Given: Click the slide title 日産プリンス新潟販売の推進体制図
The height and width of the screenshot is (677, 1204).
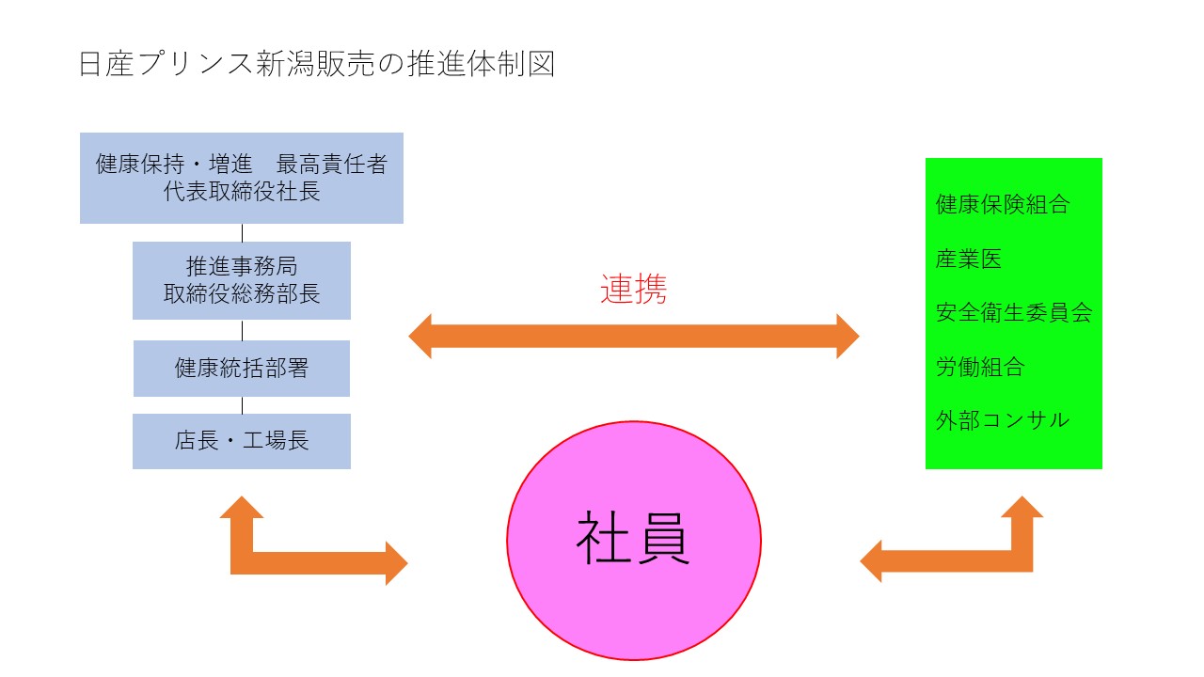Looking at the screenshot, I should click(x=317, y=64).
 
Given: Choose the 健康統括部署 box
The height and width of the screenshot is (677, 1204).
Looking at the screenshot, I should click(x=242, y=369).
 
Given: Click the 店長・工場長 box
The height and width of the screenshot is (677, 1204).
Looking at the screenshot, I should click(x=242, y=441).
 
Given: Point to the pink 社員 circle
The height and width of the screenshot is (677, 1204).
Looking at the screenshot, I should click(x=633, y=541).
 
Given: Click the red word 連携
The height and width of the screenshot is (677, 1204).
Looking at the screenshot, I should click(x=633, y=289).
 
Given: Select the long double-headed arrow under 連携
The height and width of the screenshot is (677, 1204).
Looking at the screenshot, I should click(x=633, y=336).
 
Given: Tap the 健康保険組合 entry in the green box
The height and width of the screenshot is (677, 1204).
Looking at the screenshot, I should click(x=1003, y=204).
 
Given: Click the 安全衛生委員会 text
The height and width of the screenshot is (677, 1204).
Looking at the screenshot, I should click(x=1014, y=312).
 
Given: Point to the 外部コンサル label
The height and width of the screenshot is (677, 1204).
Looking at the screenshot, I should click(x=1003, y=419).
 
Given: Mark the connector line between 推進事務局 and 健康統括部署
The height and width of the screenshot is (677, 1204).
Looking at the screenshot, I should click(x=243, y=330).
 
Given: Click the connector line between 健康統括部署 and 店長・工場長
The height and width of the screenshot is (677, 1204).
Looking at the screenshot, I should click(x=243, y=405).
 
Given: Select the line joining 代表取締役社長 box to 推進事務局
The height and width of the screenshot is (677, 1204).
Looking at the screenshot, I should click(x=243, y=232).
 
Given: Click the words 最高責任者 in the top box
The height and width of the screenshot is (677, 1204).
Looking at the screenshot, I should click(x=331, y=165).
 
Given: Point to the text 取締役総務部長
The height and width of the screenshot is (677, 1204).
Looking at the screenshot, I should click(x=242, y=293).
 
